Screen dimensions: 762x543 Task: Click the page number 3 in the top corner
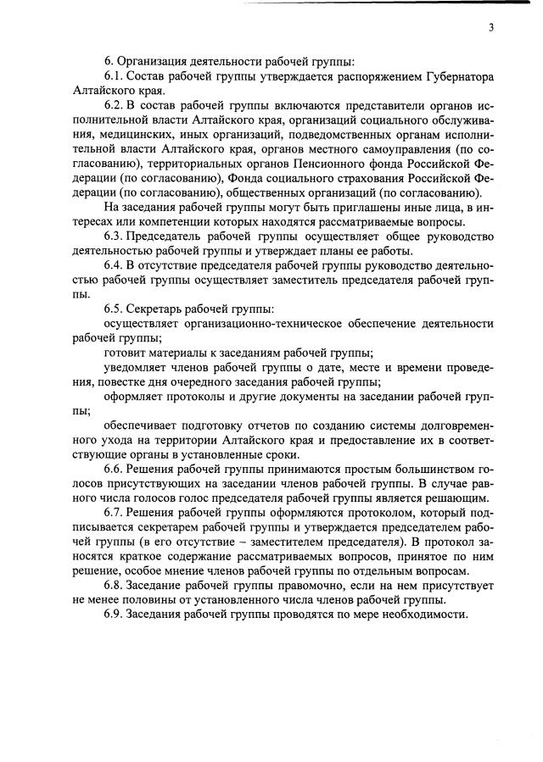(490, 28)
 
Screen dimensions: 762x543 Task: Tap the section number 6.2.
(115, 105)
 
